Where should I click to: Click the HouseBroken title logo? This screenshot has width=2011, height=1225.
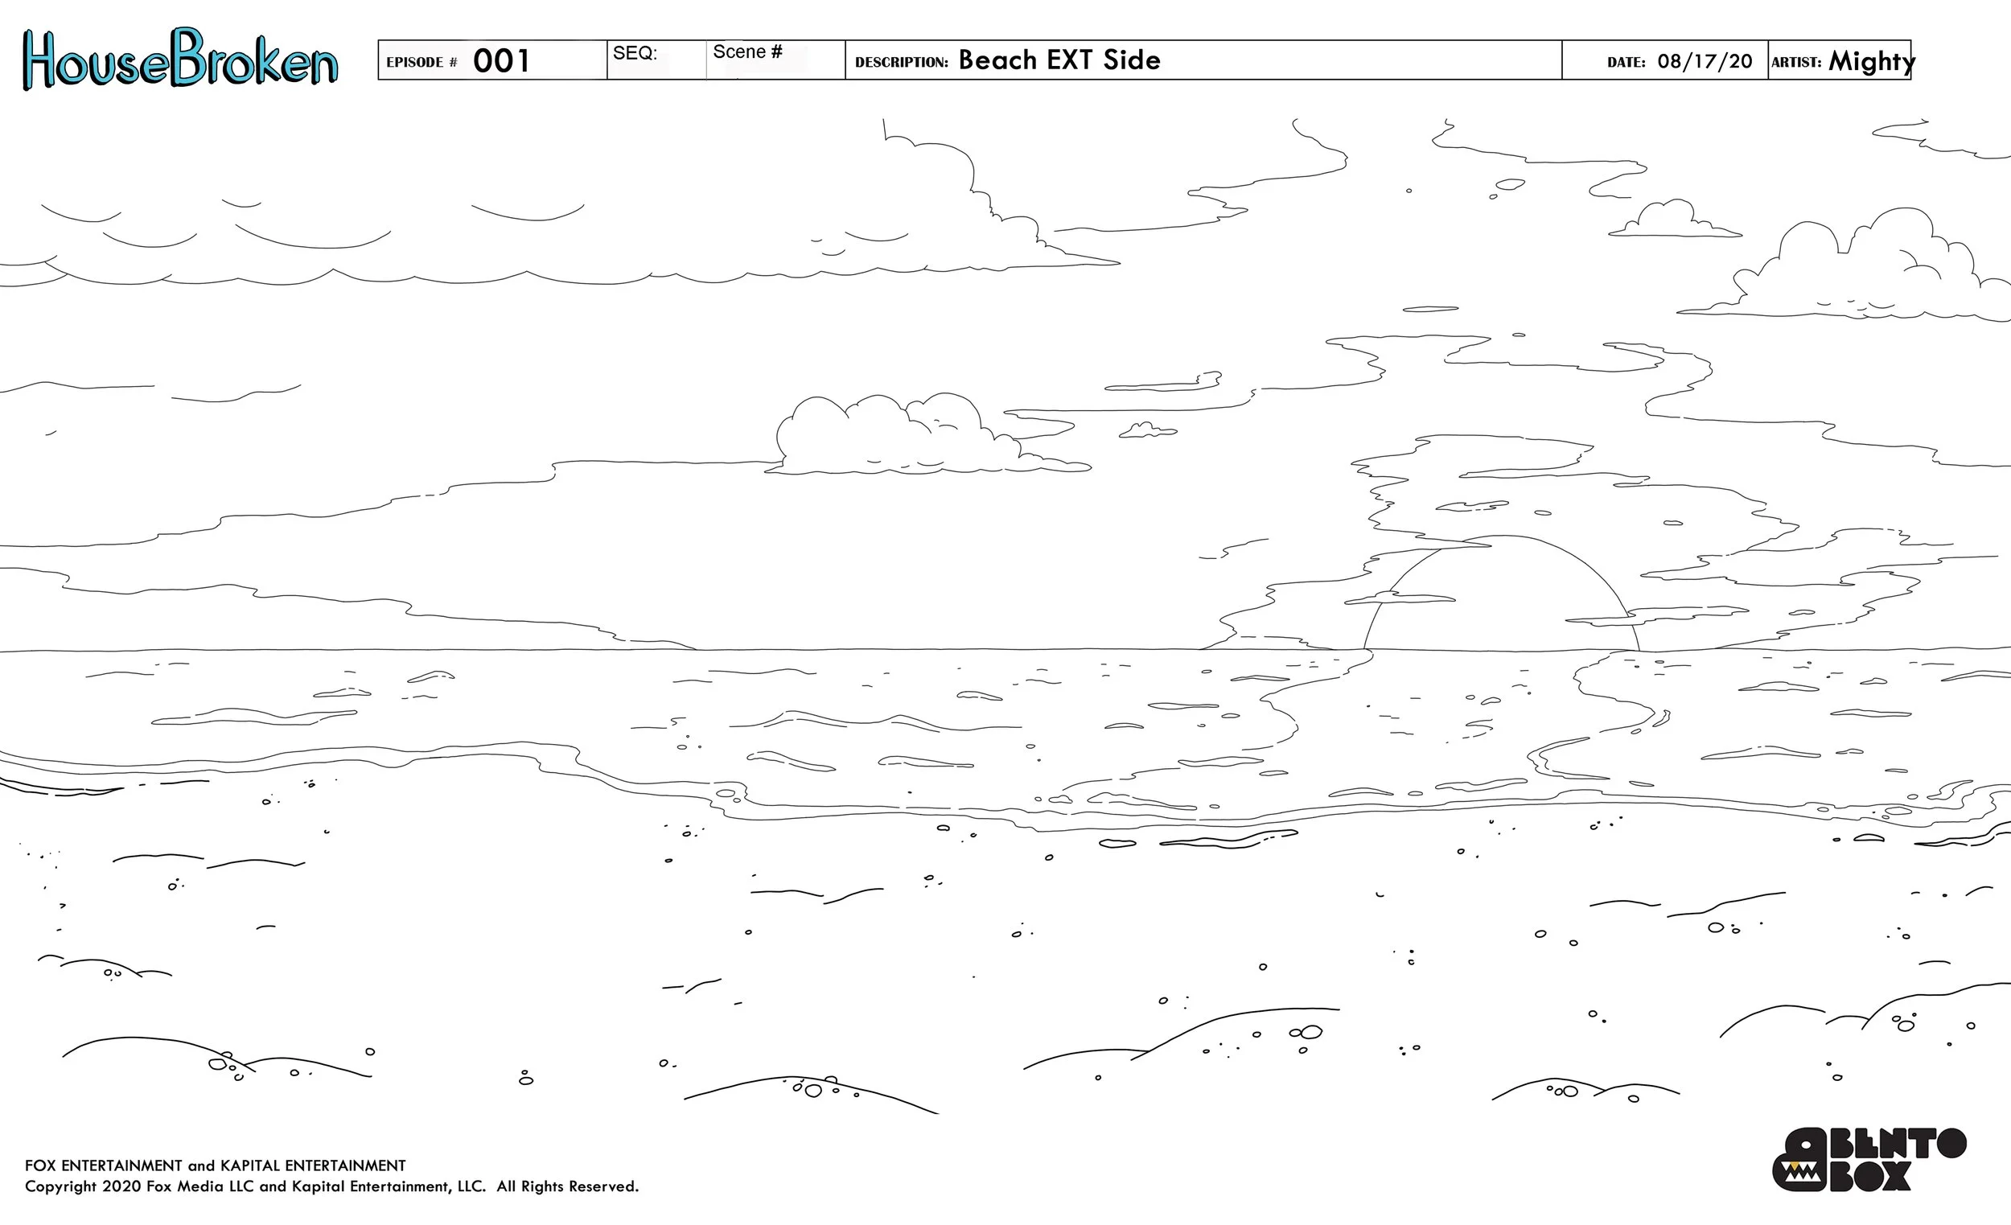pyautogui.click(x=179, y=59)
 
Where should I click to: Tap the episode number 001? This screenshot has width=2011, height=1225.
pyautogui.click(x=501, y=61)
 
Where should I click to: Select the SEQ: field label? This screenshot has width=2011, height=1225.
pyautogui.click(x=635, y=53)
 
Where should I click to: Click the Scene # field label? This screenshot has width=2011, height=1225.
pyautogui.click(x=746, y=52)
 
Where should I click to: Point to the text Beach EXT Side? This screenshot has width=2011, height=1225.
pyautogui.click(x=1059, y=60)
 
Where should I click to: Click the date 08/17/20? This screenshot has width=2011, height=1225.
pyautogui.click(x=1705, y=62)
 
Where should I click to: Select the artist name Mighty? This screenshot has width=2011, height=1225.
pyautogui.click(x=1870, y=61)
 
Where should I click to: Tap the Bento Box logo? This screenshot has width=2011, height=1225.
pyautogui.click(x=1869, y=1160)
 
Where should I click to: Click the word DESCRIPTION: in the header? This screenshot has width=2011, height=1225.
pyautogui.click(x=901, y=63)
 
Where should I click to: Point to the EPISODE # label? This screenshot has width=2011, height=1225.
pyautogui.click(x=422, y=63)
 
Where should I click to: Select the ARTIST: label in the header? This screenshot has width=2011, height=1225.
pyautogui.click(x=1795, y=63)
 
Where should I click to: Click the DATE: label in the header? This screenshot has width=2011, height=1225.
pyautogui.click(x=1626, y=63)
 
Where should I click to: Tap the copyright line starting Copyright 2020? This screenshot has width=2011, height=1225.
pyautogui.click(x=331, y=1186)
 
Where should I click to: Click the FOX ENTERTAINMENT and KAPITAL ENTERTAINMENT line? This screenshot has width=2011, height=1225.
pyautogui.click(x=215, y=1165)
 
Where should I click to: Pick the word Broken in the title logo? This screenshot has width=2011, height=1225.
pyautogui.click(x=255, y=59)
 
